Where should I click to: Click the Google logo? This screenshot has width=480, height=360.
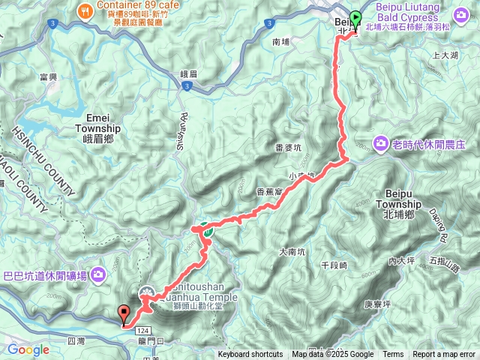28,349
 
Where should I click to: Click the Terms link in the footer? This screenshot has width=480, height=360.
393,355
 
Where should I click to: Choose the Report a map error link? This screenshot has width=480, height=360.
444,355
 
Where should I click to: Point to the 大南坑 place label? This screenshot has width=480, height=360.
292,252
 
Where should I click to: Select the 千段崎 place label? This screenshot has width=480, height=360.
334,266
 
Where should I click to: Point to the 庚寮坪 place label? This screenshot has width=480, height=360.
377,304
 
